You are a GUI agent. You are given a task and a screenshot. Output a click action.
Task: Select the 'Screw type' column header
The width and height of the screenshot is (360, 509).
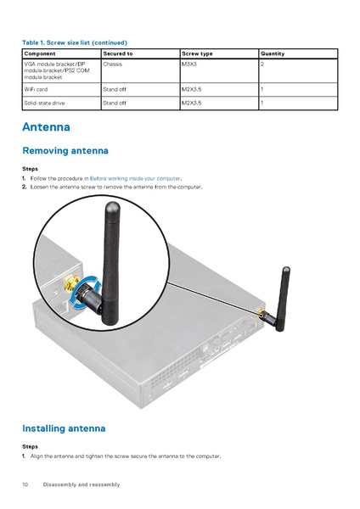[x=197, y=53]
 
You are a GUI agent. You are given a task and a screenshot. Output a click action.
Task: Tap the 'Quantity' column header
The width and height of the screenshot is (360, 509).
[x=273, y=53]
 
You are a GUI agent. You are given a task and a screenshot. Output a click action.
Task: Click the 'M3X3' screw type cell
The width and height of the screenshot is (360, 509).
[x=189, y=64]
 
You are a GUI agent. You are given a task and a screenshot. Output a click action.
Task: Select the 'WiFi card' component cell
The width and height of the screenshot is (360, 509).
[x=37, y=88]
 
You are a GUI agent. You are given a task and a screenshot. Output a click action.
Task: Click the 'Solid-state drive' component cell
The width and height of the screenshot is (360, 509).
[x=44, y=103]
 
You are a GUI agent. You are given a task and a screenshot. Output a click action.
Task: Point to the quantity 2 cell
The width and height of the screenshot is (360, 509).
[x=262, y=64]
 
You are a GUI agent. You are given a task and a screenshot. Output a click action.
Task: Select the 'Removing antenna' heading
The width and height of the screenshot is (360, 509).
[x=65, y=151]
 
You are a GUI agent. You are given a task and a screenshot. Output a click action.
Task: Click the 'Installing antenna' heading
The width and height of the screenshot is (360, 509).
[x=64, y=428]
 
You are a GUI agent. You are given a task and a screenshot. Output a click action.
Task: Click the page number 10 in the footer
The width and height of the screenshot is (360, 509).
[x=25, y=484]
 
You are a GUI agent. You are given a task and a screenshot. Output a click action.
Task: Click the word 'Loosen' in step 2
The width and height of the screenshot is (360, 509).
[x=40, y=186]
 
